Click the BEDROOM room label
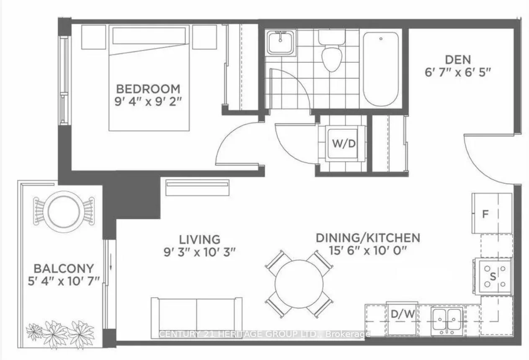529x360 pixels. (148, 89)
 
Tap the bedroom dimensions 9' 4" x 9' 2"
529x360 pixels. (148, 102)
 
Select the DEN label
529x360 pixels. (458, 60)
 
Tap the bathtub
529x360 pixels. (381, 69)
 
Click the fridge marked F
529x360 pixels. (492, 213)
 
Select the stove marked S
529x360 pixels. (493, 276)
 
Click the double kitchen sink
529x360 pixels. (447, 320)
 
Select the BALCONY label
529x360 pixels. (64, 268)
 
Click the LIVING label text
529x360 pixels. (199, 239)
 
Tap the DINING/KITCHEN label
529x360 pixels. (367, 238)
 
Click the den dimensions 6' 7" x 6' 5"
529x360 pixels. (458, 72)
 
